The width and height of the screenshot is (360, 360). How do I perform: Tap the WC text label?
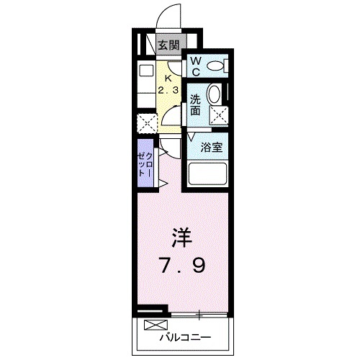196,66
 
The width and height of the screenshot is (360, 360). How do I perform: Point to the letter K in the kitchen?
168,78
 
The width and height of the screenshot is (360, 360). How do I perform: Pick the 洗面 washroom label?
196,105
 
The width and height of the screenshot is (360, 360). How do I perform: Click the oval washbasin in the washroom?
214,94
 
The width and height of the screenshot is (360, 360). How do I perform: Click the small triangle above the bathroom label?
192,135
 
